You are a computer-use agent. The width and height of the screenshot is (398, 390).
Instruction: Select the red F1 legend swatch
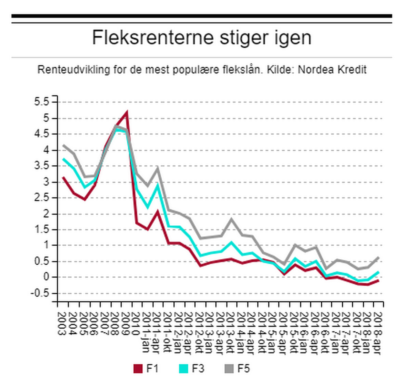coord(138,368)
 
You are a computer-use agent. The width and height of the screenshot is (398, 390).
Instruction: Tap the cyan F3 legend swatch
coord(186,368)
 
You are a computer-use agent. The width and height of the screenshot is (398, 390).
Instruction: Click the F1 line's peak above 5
coord(126,112)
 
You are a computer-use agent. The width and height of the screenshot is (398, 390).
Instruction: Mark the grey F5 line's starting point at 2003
coord(63,145)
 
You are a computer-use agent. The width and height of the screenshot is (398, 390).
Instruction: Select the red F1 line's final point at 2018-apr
coord(378,280)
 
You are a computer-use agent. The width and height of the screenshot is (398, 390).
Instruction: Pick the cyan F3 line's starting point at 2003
coord(63,159)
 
